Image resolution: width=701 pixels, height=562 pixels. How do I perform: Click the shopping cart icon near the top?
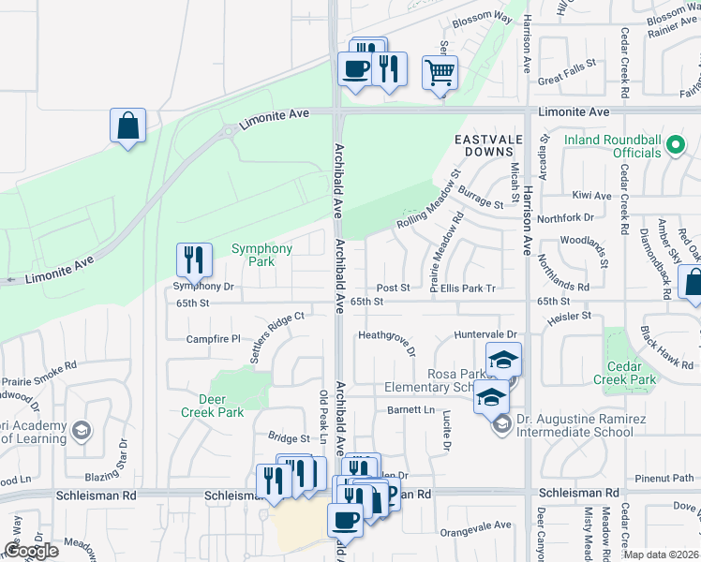tap(440, 71)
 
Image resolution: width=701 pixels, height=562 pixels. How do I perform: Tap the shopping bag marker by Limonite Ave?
tap(127, 125)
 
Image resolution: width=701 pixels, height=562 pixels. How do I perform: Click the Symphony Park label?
tap(261, 255)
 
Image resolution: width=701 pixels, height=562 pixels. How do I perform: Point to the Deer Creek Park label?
tap(212, 406)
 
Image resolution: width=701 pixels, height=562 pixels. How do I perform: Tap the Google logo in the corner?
tap(31, 551)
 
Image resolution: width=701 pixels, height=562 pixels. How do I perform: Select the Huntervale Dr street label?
tap(485, 334)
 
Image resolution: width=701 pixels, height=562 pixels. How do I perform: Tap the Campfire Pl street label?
tap(214, 338)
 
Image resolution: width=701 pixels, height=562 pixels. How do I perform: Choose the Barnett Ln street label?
tap(411, 410)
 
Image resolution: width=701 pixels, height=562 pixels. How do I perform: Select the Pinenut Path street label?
tap(664, 478)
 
